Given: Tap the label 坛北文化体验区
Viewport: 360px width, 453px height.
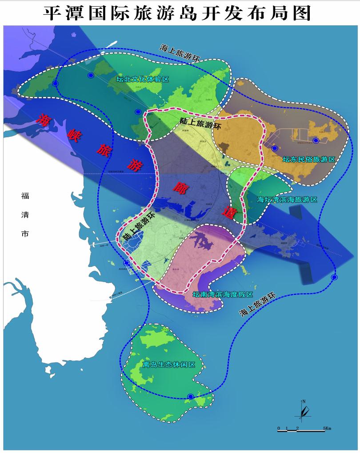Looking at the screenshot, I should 143,79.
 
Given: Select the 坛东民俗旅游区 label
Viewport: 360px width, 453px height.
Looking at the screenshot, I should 308,159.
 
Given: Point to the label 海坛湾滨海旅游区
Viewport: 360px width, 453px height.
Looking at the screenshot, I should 288,199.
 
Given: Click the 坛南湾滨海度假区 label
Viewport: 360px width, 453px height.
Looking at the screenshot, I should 222,294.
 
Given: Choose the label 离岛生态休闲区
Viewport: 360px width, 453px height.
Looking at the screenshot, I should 169,365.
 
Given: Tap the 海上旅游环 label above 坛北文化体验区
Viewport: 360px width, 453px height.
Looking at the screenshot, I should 181,53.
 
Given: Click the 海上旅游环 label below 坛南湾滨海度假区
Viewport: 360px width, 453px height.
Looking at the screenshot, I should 258,305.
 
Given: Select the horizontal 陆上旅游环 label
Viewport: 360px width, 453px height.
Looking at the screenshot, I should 200,123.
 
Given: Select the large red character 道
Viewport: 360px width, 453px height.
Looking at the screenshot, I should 230,211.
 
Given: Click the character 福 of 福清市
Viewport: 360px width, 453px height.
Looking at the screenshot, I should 25,195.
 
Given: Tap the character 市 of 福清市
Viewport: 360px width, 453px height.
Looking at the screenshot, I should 25,234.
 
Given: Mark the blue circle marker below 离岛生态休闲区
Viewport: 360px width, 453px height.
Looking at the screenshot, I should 191,396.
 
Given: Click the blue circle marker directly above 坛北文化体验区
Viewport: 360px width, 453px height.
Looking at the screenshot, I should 91,75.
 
